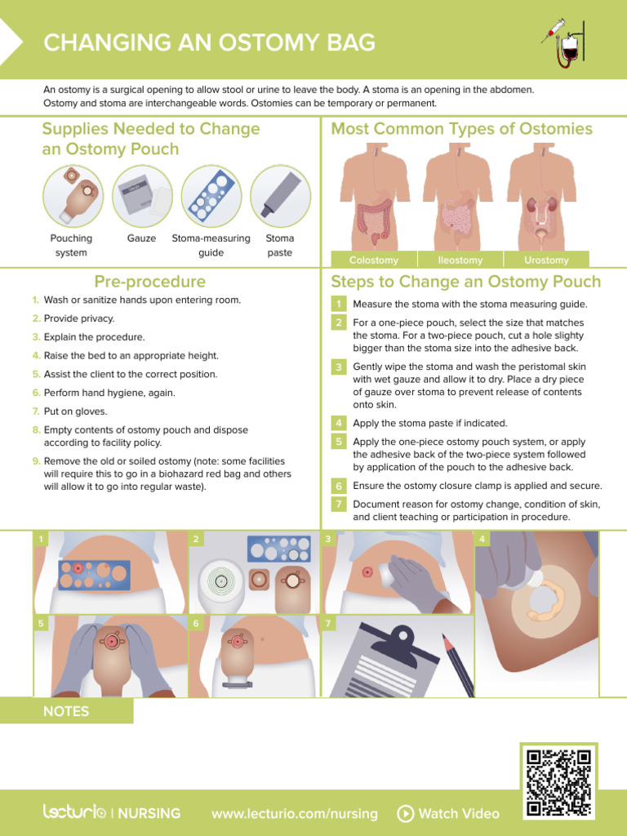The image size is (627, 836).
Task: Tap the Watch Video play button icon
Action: pyautogui.click(x=405, y=813)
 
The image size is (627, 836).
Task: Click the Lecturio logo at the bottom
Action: pyautogui.click(x=74, y=812)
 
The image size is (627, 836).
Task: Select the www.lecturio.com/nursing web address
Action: pyautogui.click(x=294, y=813)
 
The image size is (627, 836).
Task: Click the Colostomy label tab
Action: pyautogui.click(x=373, y=260)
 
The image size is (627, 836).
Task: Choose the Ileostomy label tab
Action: pyautogui.click(x=460, y=260)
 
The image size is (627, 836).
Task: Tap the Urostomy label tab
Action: pyautogui.click(x=546, y=260)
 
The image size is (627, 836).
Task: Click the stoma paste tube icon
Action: pyautogui.click(x=280, y=196)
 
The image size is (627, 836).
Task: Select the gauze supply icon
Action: pyautogui.click(x=142, y=196)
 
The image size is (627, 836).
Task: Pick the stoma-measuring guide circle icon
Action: pyautogui.click(x=211, y=196)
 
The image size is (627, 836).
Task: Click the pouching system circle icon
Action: pyautogui.click(x=73, y=196)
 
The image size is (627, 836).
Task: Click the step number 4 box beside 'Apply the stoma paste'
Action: pyautogui.click(x=338, y=423)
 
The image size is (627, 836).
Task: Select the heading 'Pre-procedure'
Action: pyautogui.click(x=150, y=282)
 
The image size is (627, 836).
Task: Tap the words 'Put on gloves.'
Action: pyautogui.click(x=75, y=411)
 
